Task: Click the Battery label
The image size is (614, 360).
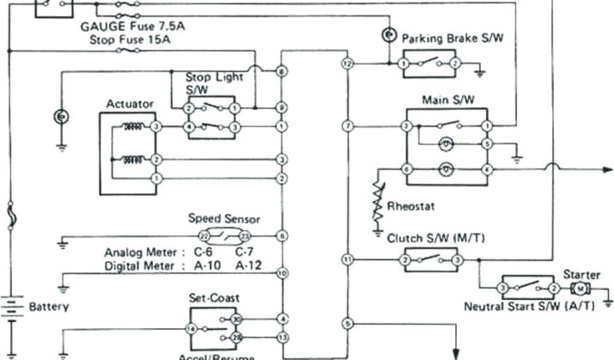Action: (x=49, y=307)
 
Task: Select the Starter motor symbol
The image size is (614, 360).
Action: (x=580, y=289)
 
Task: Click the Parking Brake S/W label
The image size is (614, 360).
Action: (x=453, y=39)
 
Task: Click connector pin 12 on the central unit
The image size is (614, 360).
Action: (x=347, y=63)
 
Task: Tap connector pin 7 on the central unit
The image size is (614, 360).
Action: (x=347, y=126)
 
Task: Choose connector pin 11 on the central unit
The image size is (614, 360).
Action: (x=347, y=259)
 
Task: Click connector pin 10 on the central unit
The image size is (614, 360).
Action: (x=281, y=273)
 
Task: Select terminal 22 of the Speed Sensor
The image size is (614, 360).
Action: (x=203, y=236)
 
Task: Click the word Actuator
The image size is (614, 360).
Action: (x=130, y=104)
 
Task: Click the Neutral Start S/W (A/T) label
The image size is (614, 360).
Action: (x=529, y=306)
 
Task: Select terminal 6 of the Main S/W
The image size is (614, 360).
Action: (x=407, y=169)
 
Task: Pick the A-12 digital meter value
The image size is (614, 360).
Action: (x=248, y=265)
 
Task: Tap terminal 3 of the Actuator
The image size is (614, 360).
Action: (x=155, y=127)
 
